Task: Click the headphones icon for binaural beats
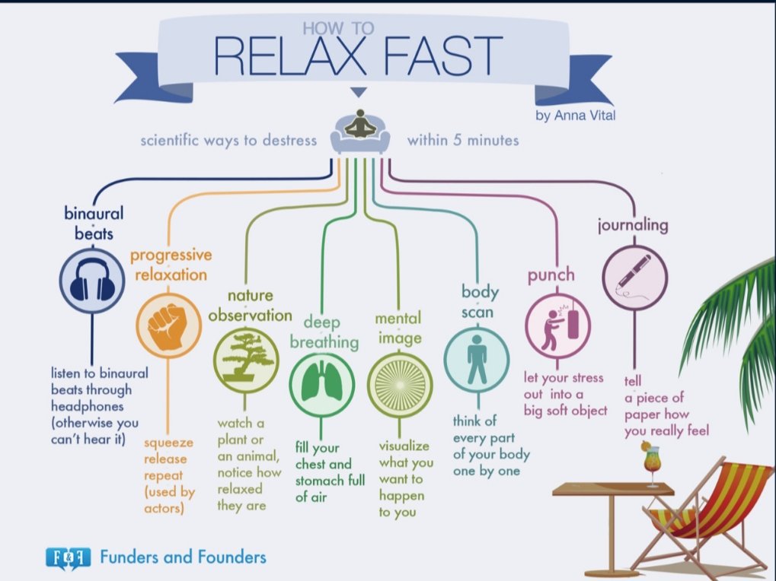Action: [91, 282]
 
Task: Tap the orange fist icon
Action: [165, 325]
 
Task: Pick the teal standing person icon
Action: [477, 358]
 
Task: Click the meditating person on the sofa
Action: [359, 129]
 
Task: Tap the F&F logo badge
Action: [67, 557]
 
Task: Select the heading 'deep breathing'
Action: [324, 332]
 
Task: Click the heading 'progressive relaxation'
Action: [171, 264]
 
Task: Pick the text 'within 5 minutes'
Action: [462, 141]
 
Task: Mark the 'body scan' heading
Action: [480, 301]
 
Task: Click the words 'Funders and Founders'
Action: [183, 557]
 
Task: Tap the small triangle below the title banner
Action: [359, 93]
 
